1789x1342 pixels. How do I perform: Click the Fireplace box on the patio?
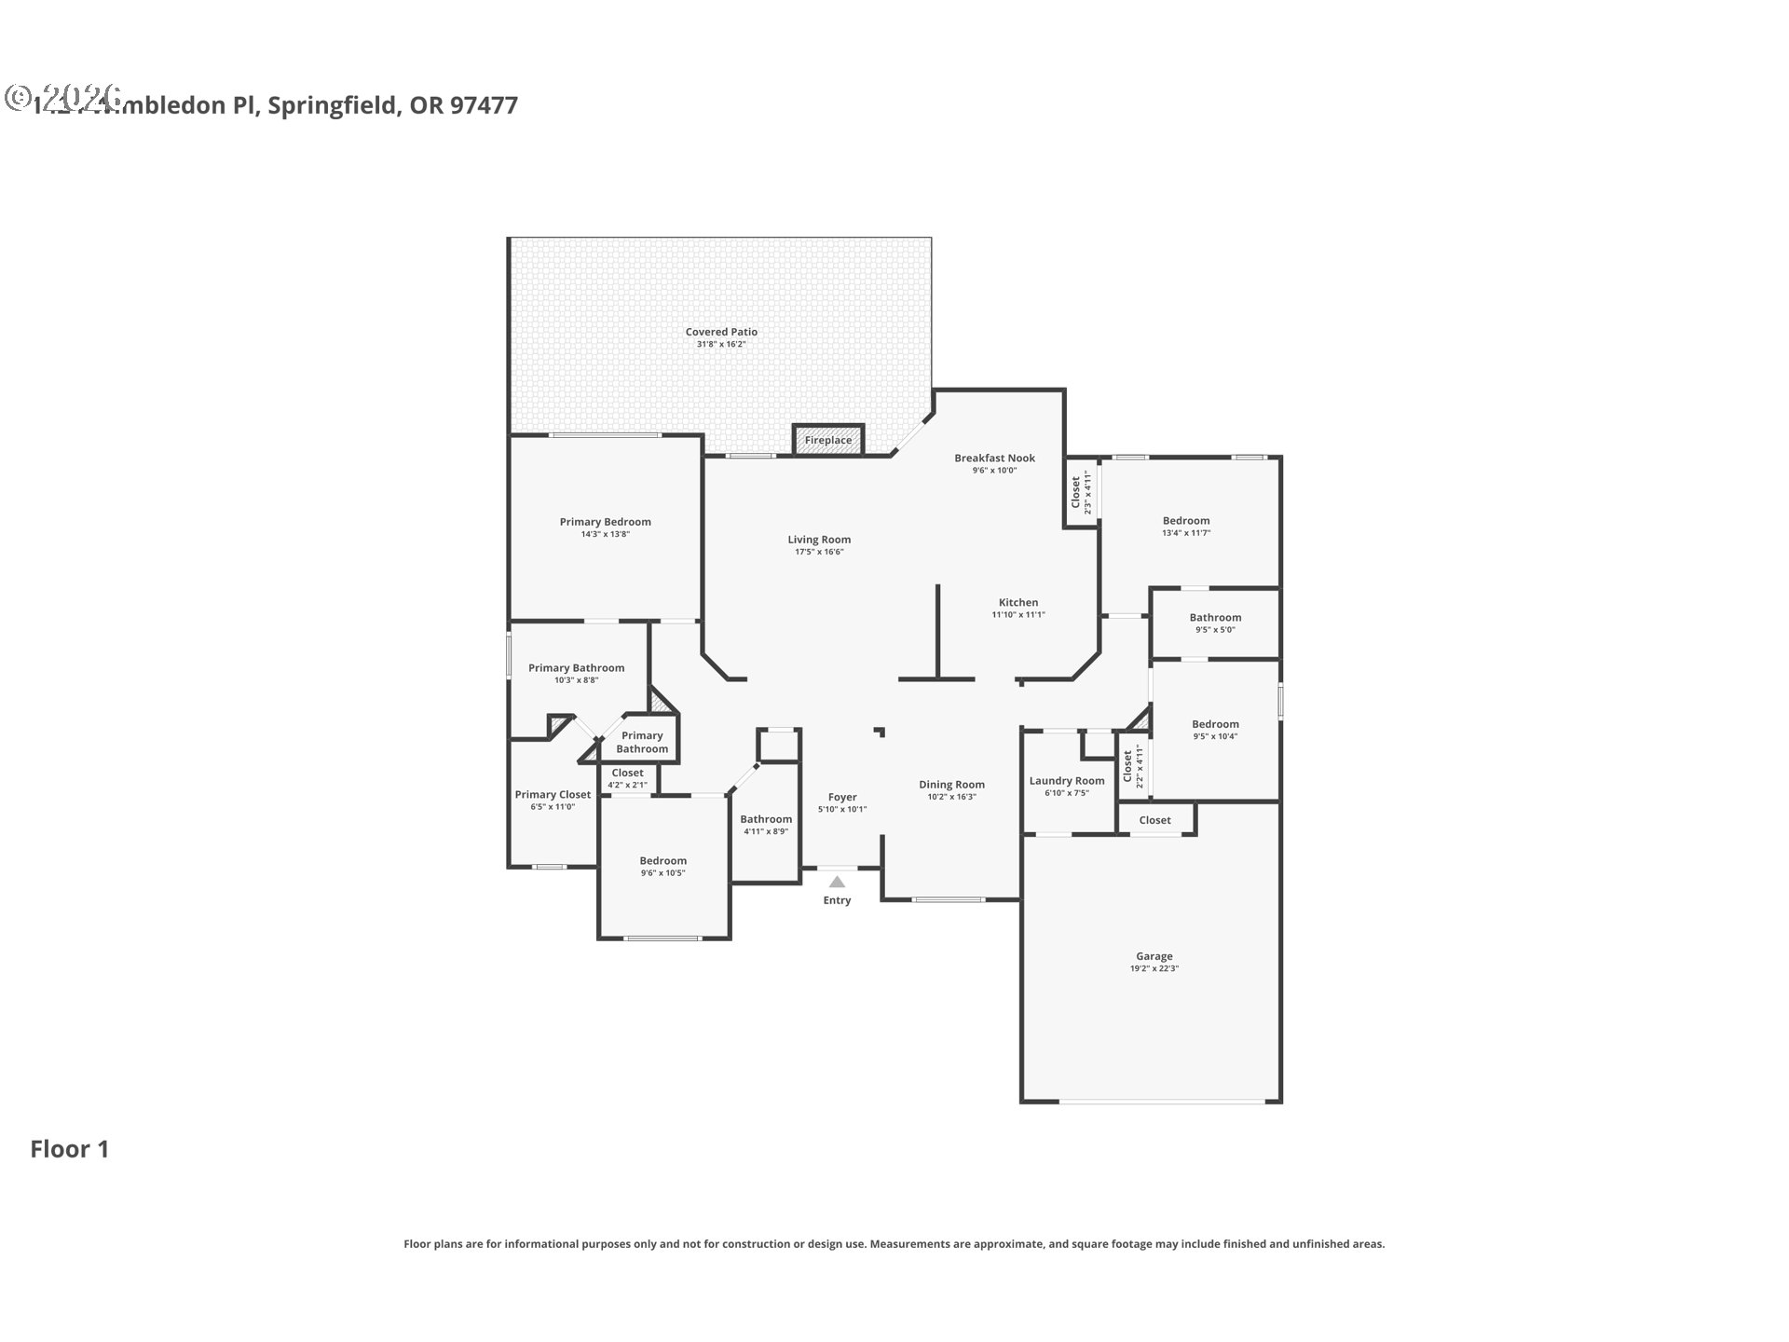[828, 440]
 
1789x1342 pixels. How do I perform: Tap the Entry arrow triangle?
[837, 882]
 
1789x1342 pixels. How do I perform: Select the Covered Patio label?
[721, 332]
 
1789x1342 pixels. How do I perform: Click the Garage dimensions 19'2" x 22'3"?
[1154, 968]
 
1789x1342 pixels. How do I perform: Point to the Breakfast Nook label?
[994, 458]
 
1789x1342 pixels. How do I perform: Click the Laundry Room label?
[1066, 781]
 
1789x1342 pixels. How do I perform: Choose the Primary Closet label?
[553, 795]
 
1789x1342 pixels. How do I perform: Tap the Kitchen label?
[1017, 602]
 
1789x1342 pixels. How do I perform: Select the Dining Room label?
[951, 785]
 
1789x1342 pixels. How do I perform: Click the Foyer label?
[842, 797]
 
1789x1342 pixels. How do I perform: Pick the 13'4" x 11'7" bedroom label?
[1185, 521]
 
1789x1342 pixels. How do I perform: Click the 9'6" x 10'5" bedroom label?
[662, 861]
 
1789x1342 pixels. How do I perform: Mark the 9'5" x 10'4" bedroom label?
[1215, 724]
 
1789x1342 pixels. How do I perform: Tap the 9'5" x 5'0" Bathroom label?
[1215, 617]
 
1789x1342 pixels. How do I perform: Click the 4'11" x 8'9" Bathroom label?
[766, 819]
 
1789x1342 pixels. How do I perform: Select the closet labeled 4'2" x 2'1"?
[627, 773]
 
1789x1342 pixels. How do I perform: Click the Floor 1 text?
[70, 1149]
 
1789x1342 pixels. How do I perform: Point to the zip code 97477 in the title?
[484, 105]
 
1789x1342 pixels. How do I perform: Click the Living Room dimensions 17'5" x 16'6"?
[819, 552]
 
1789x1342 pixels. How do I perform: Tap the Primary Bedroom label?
[605, 522]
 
